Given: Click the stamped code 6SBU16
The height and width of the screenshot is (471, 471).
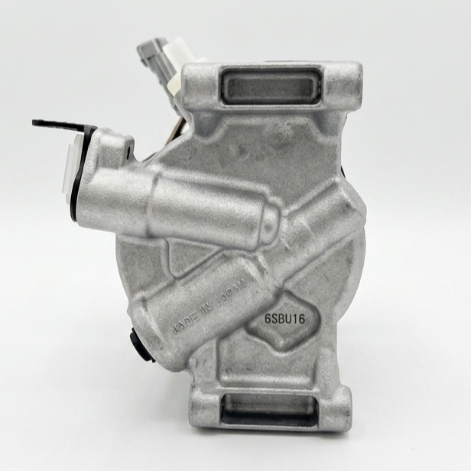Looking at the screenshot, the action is [284, 319].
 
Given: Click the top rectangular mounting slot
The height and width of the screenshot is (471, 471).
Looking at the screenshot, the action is [271, 86].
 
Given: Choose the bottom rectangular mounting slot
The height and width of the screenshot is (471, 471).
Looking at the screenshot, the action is [269, 408].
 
